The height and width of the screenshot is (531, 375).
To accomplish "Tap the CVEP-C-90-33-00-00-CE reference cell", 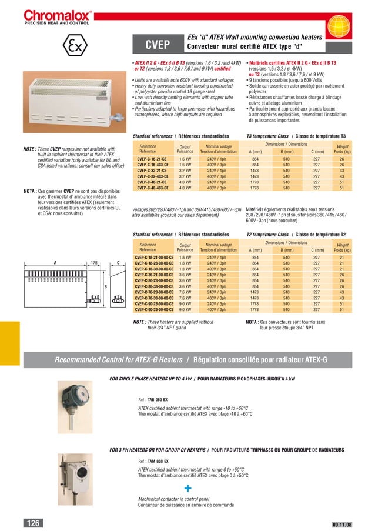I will click(154, 309).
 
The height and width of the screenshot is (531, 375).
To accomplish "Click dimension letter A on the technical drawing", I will click(55, 263).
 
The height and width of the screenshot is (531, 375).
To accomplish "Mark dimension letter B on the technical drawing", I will click(105, 286).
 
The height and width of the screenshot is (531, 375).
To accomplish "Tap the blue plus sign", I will click(187, 488).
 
